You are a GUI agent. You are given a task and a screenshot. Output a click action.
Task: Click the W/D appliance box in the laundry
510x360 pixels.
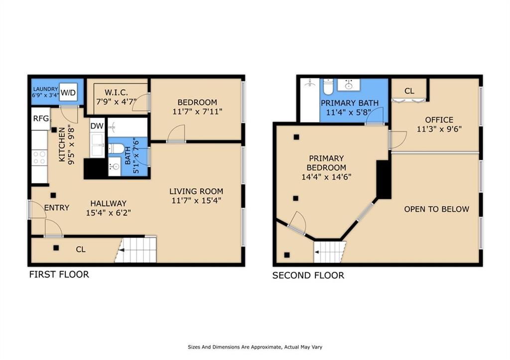click(x=68, y=93)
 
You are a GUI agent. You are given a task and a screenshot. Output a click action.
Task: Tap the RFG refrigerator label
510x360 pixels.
click(x=41, y=119)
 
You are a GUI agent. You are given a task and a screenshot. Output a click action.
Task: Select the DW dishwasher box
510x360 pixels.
click(x=97, y=126)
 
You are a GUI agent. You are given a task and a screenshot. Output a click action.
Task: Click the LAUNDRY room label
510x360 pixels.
click(x=45, y=89)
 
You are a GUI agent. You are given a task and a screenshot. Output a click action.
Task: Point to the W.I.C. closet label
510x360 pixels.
click(x=116, y=92)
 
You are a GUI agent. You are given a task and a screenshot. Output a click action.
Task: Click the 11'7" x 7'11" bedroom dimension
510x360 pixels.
click(x=197, y=112)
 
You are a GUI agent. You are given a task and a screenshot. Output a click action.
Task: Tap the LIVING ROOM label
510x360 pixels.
click(x=196, y=191)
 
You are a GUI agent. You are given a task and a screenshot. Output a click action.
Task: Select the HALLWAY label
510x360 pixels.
click(x=108, y=204)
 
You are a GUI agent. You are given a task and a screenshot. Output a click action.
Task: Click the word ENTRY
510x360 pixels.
click(x=57, y=208)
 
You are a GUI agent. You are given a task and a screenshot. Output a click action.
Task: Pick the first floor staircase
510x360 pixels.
click(x=136, y=250)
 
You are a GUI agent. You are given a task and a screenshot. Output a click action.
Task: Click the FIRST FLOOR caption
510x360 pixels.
click(x=59, y=274)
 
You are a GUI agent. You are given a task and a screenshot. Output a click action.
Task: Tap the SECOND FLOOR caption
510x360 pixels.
click(x=308, y=275)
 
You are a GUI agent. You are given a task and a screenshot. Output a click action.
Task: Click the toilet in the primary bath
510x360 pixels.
click(x=328, y=86)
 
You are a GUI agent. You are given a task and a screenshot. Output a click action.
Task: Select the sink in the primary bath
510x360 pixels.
click(x=348, y=85)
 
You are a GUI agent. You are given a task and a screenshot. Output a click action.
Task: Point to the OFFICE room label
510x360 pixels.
click(x=439, y=120)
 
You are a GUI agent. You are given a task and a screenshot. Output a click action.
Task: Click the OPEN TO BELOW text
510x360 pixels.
click(x=436, y=209)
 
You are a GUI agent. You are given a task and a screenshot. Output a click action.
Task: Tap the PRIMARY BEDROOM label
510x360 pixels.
click(x=326, y=163)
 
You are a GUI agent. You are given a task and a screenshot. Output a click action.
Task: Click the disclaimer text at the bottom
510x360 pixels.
click(x=255, y=347)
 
